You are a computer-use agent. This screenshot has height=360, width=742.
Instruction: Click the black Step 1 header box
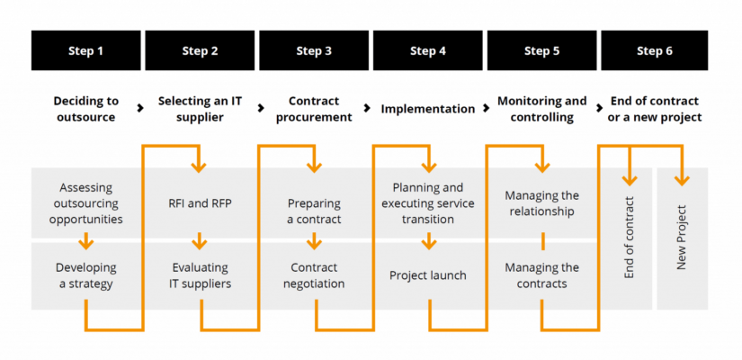[x=86, y=50]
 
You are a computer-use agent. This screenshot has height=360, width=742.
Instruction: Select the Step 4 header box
[x=428, y=50]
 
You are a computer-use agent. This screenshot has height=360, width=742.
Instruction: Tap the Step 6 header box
[x=655, y=50]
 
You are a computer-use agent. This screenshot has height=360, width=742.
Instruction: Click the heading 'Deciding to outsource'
[x=85, y=109]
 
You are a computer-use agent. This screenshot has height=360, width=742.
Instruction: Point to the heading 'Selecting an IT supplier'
[x=201, y=109]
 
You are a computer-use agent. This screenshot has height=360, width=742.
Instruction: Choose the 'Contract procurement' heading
[x=314, y=109]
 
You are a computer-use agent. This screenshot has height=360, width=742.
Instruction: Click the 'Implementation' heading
[x=427, y=109]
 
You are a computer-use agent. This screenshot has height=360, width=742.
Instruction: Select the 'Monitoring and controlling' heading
[x=541, y=109]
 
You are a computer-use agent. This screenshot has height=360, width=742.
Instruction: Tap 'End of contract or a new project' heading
[x=655, y=109]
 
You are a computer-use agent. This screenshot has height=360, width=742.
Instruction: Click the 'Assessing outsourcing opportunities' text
[x=85, y=203]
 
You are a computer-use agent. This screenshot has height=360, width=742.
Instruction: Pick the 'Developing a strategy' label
[x=85, y=275]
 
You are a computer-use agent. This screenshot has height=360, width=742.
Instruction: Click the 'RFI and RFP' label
[x=201, y=203]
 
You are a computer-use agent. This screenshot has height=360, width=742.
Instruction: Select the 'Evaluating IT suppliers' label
[x=201, y=275]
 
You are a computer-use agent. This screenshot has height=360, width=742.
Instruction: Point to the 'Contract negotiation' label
[x=314, y=275]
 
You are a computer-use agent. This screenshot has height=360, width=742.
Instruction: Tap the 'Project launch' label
[x=428, y=275]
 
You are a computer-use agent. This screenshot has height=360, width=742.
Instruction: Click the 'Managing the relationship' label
[x=541, y=203]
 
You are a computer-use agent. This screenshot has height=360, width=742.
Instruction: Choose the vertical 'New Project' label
[x=681, y=238]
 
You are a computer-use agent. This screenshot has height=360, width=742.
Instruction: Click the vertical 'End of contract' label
[x=629, y=238]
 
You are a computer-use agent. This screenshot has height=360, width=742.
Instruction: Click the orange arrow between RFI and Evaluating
[x=201, y=241]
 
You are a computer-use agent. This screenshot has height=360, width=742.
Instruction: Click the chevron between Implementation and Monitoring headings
[x=481, y=109]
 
